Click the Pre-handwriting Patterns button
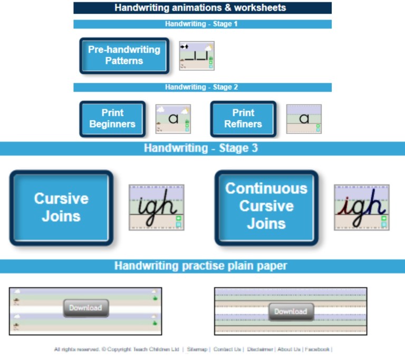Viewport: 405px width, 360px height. tap(124, 55)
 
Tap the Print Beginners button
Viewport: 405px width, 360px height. tap(112, 119)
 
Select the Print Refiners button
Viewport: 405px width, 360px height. tap(243, 119)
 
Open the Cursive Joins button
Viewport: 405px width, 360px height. tap(61, 207)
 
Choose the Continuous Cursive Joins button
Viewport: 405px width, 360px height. tap(266, 206)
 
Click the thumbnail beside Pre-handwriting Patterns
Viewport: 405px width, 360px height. tap(197, 55)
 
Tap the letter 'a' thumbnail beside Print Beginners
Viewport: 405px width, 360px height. tap(173, 119)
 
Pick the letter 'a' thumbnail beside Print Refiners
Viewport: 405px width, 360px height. tap(304, 119)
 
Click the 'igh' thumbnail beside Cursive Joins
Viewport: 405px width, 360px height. tap(157, 207)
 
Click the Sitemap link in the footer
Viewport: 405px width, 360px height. tap(197, 349)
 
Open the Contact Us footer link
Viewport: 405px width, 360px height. tap(227, 349)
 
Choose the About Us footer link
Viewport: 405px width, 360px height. tap(290, 349)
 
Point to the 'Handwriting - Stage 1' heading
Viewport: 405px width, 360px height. tap(202, 24)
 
